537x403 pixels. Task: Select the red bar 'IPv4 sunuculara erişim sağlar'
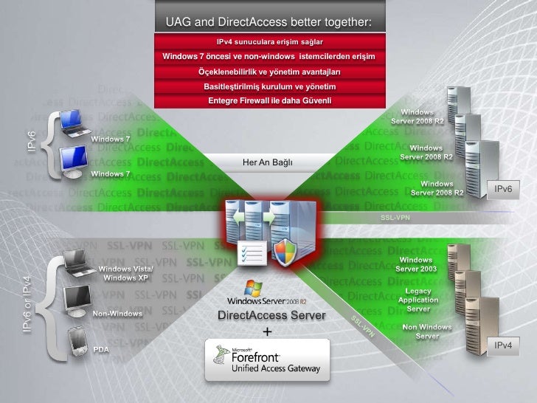pyautogui.click(x=269, y=41)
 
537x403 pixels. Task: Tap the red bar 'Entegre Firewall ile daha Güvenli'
pyautogui.click(x=269, y=100)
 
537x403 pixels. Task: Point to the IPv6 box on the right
pyautogui.click(x=503, y=190)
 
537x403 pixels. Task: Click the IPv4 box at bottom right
pyautogui.click(x=503, y=345)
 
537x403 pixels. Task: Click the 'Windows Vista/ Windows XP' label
pyautogui.click(x=128, y=273)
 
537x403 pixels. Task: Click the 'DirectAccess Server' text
pyautogui.click(x=267, y=316)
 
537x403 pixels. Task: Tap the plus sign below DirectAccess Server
pyautogui.click(x=267, y=331)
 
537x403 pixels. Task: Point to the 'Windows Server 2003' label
pyautogui.click(x=416, y=264)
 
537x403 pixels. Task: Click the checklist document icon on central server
pyautogui.click(x=250, y=255)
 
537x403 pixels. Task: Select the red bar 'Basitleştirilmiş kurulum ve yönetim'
pyautogui.click(x=269, y=86)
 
